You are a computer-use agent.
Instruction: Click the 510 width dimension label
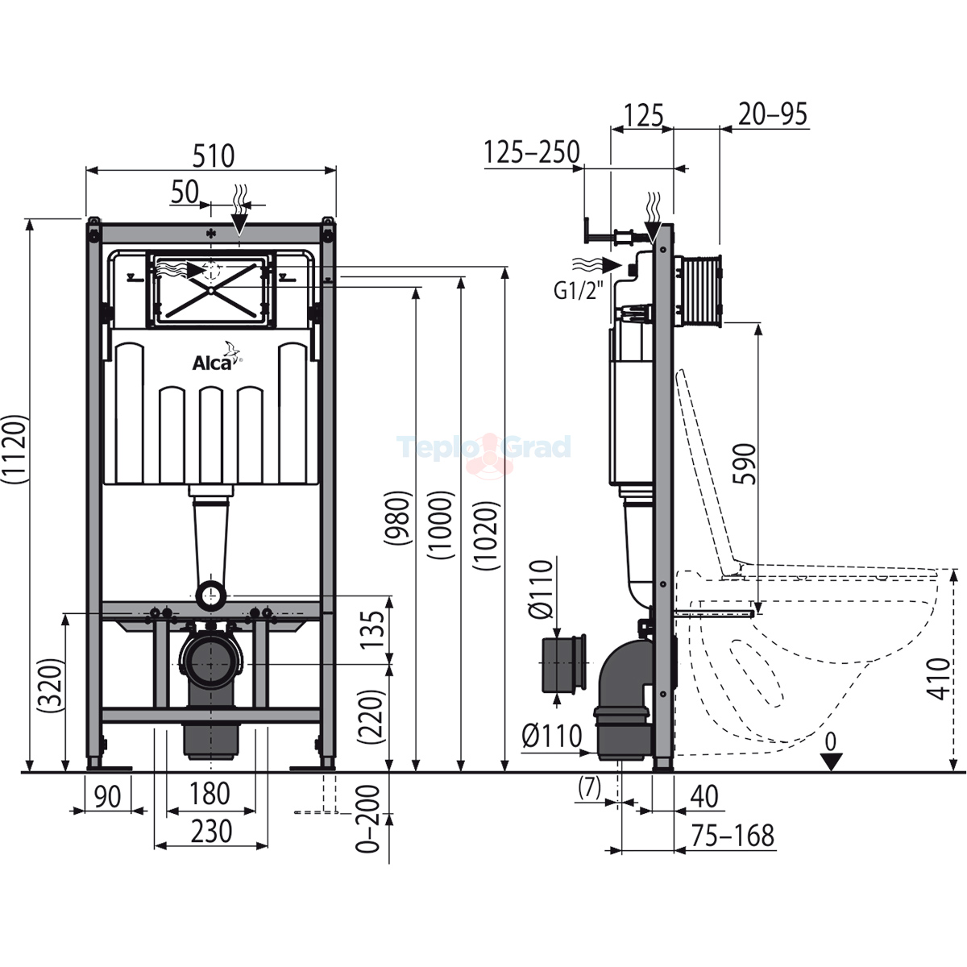tap(214, 156)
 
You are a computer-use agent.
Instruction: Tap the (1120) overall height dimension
tap(15, 449)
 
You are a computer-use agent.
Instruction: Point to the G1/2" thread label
tap(577, 290)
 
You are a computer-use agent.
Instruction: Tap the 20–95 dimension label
tap(772, 114)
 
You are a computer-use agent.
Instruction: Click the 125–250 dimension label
tap(532, 151)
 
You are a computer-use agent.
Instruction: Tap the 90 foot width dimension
tap(107, 796)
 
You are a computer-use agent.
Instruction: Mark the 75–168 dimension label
tap(733, 836)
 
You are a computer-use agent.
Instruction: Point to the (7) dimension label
tap(589, 788)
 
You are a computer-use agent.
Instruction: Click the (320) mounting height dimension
tap(52, 686)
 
